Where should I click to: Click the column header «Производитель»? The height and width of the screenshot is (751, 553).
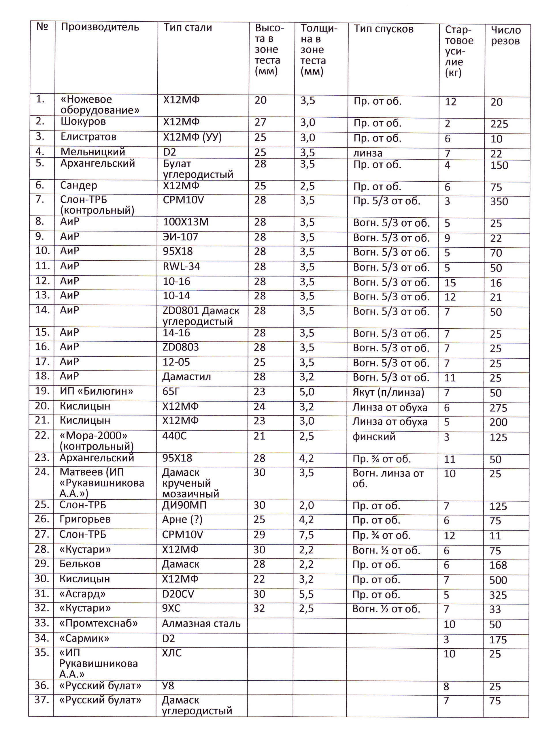tap(100, 27)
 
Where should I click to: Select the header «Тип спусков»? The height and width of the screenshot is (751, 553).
tap(384, 29)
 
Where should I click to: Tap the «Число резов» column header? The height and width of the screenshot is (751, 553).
tap(505, 35)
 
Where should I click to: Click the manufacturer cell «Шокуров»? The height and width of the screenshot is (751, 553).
tap(83, 122)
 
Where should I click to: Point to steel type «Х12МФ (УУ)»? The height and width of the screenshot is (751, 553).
tap(192, 137)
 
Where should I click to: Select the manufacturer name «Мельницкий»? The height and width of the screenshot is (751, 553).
tap(93, 152)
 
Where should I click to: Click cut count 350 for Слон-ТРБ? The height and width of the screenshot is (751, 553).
tap(499, 202)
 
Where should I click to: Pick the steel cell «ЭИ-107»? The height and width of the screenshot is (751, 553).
tap(180, 237)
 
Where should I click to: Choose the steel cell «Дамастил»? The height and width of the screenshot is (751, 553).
tap(186, 377)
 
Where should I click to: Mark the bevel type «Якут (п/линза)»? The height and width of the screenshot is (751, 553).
tap(388, 392)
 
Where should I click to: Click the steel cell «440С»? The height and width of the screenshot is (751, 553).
tap(174, 436)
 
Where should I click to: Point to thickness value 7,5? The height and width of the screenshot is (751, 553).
tap(306, 535)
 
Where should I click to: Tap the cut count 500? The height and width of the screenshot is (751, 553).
tap(498, 580)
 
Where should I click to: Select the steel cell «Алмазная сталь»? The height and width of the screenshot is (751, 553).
tap(201, 624)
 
